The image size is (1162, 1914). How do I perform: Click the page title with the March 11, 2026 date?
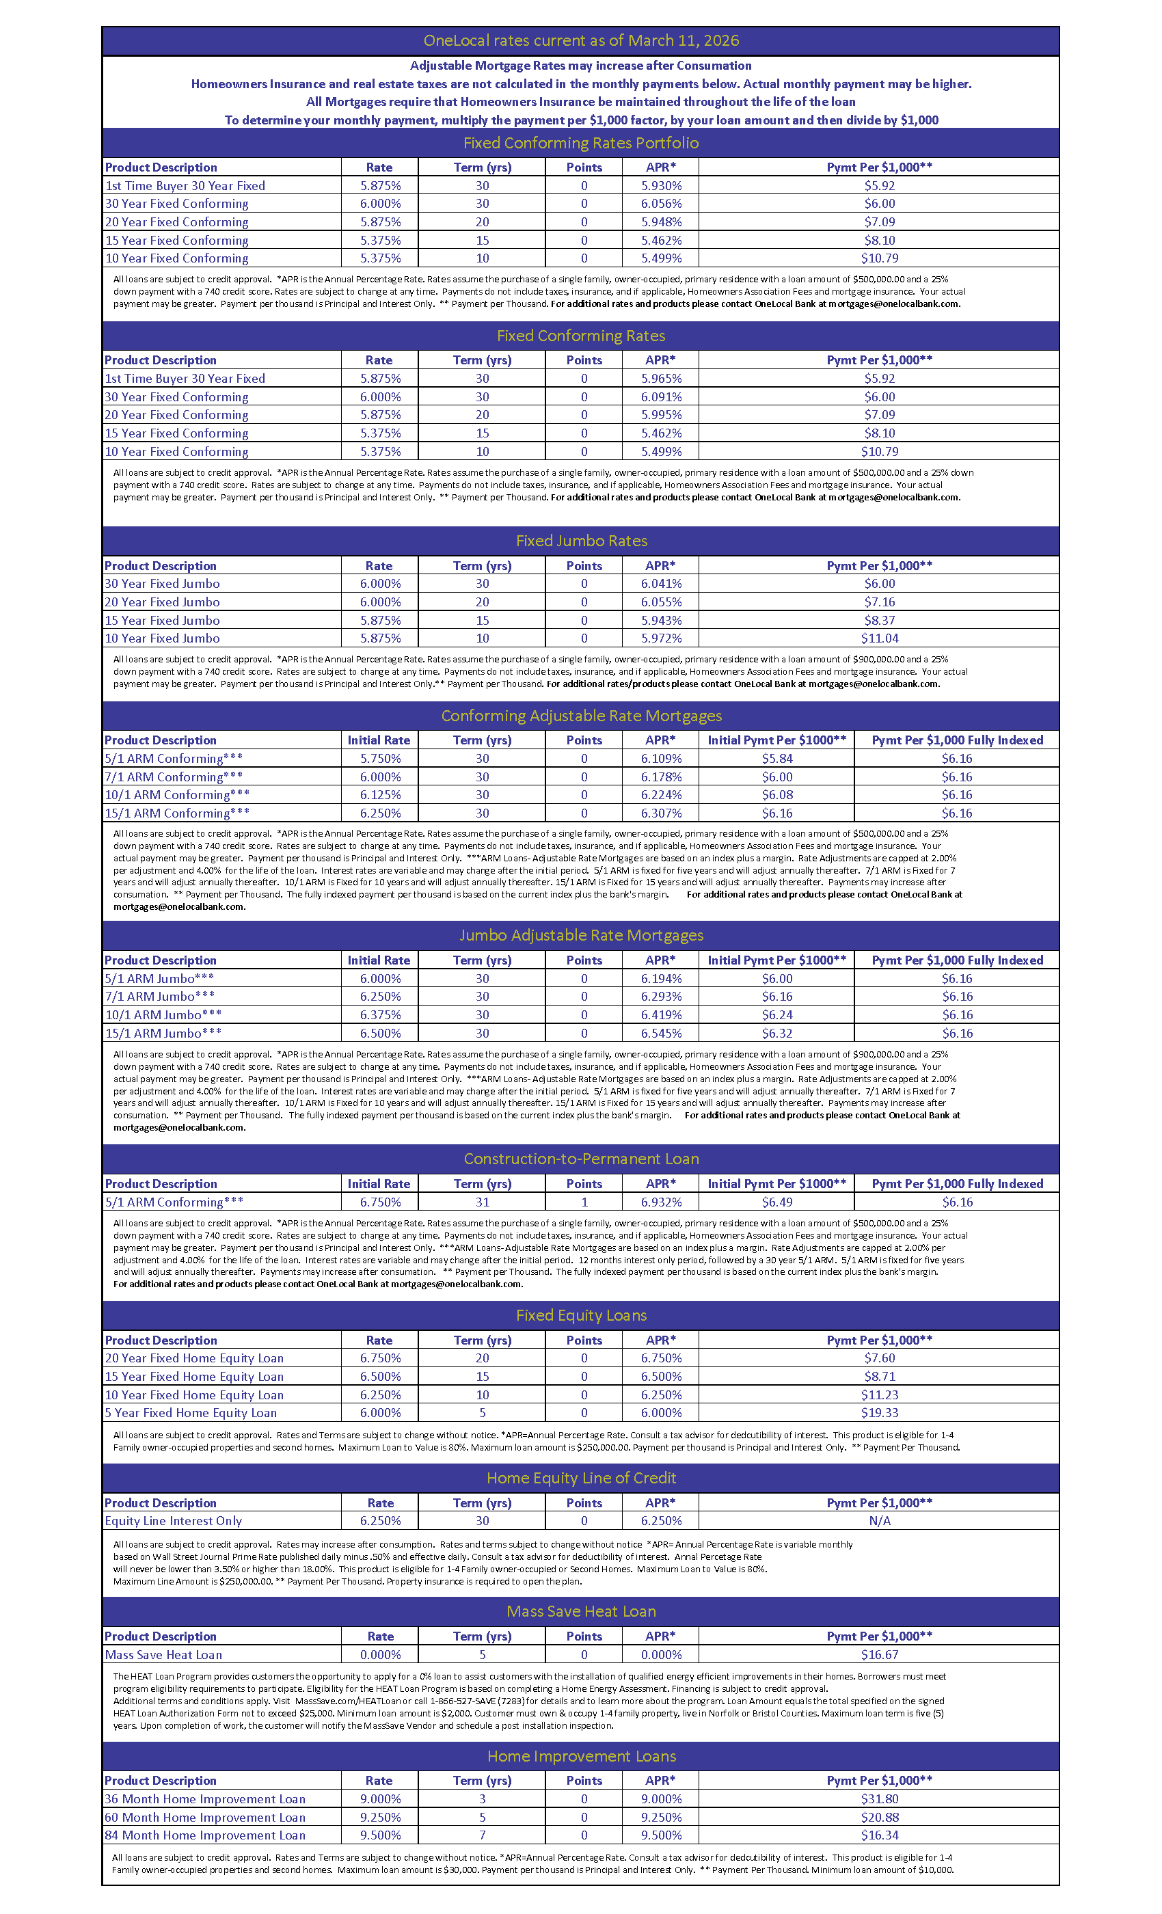pyautogui.click(x=580, y=40)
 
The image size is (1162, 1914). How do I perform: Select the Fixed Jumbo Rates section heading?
pyautogui.click(x=581, y=541)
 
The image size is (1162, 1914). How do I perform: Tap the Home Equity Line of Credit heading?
pyautogui.click(x=581, y=1477)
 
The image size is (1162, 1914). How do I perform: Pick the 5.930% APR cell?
pyautogui.click(x=661, y=186)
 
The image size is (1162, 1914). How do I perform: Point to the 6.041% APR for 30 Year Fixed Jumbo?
pyautogui.click(x=661, y=583)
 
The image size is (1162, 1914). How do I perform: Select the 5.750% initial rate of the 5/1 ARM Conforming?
pyautogui.click(x=380, y=758)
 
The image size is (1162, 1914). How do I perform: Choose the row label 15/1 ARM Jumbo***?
pyautogui.click(x=163, y=1033)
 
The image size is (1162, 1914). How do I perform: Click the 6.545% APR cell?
pyautogui.click(x=661, y=1033)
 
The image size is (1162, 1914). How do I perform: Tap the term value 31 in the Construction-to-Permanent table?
pyautogui.click(x=483, y=1202)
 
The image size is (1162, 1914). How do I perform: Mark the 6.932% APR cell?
pyautogui.click(x=661, y=1202)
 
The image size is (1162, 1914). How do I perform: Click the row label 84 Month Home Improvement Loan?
pyautogui.click(x=205, y=1835)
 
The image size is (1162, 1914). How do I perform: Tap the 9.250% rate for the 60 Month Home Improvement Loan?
pyautogui.click(x=380, y=1817)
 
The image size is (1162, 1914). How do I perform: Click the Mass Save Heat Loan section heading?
pyautogui.click(x=581, y=1611)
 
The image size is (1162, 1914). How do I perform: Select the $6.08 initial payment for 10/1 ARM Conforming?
pyautogui.click(x=776, y=794)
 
